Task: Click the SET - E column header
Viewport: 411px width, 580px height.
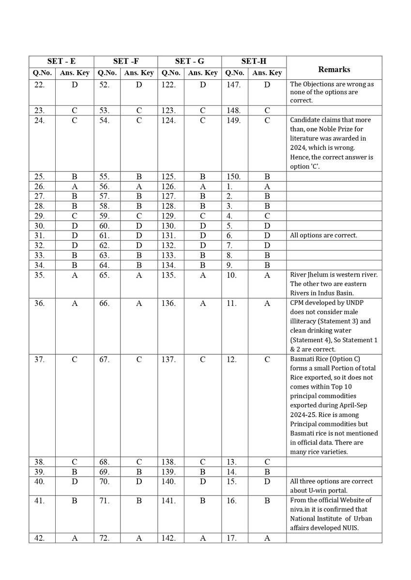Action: [x=61, y=62]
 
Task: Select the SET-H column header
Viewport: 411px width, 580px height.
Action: [x=254, y=62]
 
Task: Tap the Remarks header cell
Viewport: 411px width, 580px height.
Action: [x=334, y=70]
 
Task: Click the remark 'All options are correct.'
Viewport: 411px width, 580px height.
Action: [x=323, y=235]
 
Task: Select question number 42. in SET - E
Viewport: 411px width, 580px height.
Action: [x=39, y=537]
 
